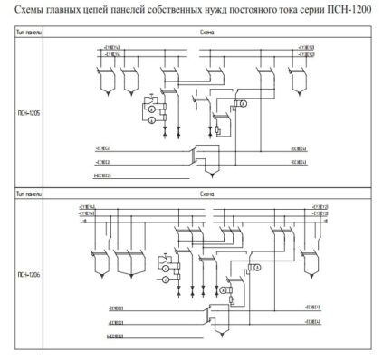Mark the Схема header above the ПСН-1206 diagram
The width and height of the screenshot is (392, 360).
tap(206, 194)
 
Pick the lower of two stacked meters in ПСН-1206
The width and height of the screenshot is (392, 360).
tap(166, 280)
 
